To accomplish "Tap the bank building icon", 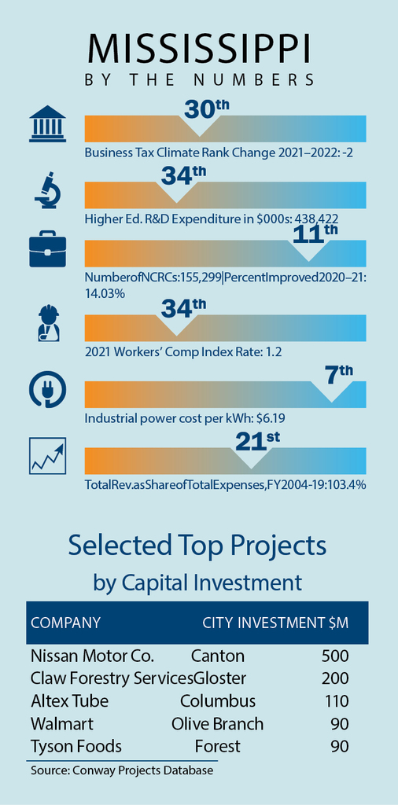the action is pos(48,123).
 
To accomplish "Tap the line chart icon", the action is pos(48,457).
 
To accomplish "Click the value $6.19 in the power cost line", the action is pos(268,419).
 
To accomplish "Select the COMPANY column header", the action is pos(66,623).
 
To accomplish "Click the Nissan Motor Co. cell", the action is pos(93,656).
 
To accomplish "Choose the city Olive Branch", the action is pos(217,724).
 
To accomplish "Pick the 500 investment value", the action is pos(335,656).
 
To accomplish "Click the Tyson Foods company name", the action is pos(76,747).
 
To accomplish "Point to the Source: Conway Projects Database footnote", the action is pos(122,770).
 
